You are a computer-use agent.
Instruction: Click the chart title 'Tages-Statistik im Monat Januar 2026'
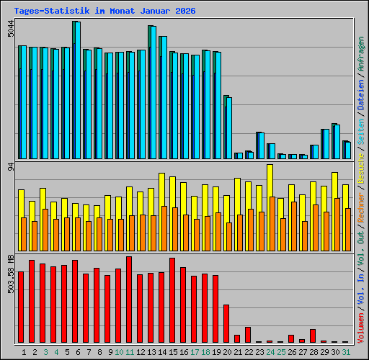coord(99,10)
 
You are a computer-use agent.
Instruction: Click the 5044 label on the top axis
coord(9,32)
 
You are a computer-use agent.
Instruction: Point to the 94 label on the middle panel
coord(9,167)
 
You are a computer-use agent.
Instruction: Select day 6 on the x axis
coord(75,351)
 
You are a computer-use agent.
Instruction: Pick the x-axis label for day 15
coord(172,351)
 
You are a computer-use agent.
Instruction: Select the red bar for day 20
coord(226,323)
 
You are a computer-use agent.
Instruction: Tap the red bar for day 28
coord(313,336)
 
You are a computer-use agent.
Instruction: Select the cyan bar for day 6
coord(77,90)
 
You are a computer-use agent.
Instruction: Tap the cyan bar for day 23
coord(261,145)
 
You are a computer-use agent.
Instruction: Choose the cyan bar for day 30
coord(337,141)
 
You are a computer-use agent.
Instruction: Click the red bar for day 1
coord(21,307)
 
